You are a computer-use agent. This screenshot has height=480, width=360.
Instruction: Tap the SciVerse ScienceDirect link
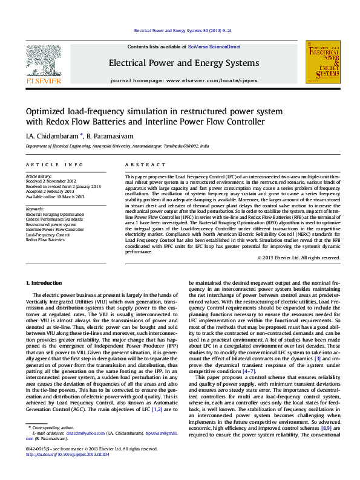click(x=214, y=47)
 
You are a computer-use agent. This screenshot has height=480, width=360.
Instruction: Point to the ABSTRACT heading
click(x=143, y=165)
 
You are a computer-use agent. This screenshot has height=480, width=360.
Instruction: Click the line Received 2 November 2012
click(x=51, y=181)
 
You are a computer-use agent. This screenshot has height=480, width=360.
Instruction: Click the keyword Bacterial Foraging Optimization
click(x=55, y=214)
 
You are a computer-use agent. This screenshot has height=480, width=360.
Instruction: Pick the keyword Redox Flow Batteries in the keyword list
click(x=45, y=240)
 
